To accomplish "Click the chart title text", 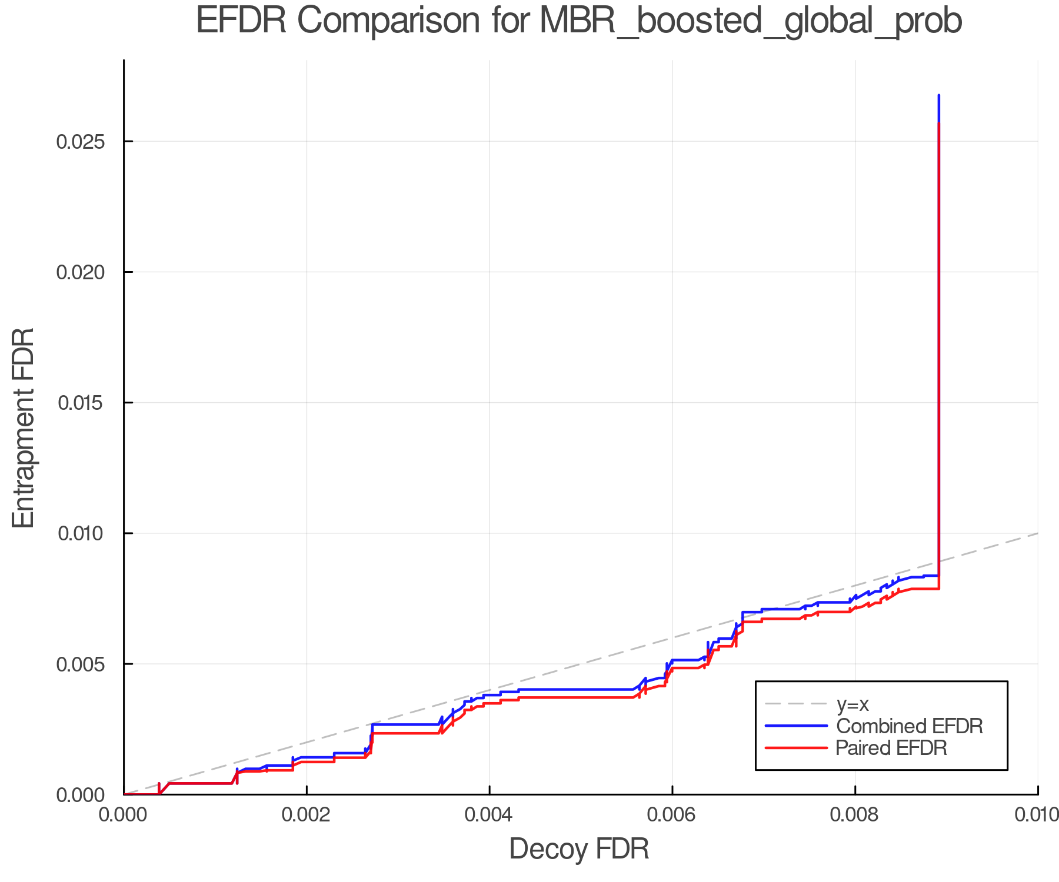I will [578, 21].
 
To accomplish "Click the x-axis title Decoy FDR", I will [579, 849].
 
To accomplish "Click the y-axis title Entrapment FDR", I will [24, 427].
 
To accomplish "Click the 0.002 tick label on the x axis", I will [307, 815].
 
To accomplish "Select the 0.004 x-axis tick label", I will [489, 815].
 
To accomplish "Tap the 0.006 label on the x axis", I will [672, 815].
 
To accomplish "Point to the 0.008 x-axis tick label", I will [855, 815].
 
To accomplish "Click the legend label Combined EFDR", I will [909, 726].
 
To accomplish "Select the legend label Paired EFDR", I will [891, 748].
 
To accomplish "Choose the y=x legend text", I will [852, 704].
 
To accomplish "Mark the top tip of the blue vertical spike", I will [938, 95].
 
